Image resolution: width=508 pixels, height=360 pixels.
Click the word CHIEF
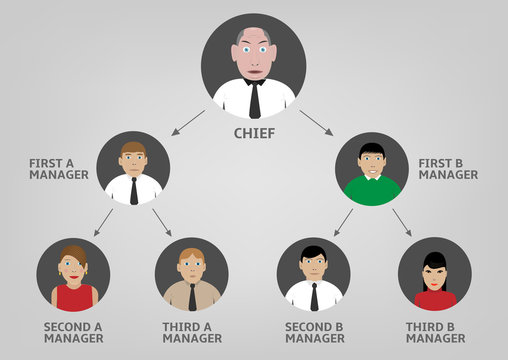(254, 132)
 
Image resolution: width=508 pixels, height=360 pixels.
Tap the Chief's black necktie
(254, 100)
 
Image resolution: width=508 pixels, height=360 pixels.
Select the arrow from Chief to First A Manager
(187, 122)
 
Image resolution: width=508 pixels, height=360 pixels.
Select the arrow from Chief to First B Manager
(316, 122)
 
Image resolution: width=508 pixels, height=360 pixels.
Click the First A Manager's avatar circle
(133, 168)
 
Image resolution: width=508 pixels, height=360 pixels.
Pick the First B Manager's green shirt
(371, 190)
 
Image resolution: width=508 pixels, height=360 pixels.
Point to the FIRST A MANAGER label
(59, 168)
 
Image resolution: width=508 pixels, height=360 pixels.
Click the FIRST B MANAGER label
(448, 168)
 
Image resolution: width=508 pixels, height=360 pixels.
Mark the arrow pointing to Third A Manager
(161, 222)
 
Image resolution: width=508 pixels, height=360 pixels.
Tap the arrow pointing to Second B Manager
(343, 222)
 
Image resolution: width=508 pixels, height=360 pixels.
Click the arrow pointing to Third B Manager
(401, 222)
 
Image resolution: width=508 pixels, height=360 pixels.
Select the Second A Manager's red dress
(73, 298)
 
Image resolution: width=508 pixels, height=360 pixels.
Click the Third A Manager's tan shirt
(191, 297)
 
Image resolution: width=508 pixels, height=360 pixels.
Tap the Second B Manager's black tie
(314, 296)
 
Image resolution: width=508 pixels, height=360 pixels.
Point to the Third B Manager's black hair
(434, 260)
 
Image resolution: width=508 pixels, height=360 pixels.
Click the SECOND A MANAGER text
(73, 332)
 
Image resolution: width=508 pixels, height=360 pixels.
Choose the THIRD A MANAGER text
(191, 332)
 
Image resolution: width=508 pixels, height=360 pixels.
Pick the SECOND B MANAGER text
(314, 332)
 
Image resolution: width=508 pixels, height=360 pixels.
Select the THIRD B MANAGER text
(434, 332)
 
